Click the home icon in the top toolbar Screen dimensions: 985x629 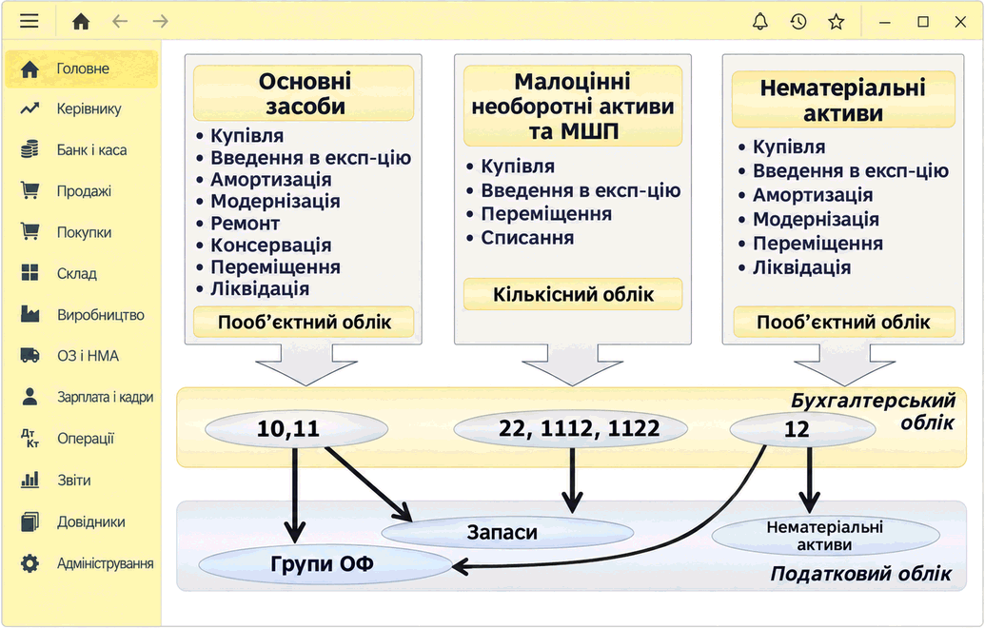(81, 21)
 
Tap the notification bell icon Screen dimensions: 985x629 (760, 21)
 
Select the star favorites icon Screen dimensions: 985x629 (837, 22)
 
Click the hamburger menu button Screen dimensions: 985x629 (29, 21)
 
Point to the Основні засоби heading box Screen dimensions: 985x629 (304, 93)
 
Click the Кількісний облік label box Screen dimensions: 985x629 (573, 294)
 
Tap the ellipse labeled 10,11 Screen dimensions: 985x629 (296, 429)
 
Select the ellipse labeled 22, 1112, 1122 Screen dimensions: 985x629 (570, 429)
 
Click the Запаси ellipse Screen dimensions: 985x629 (507, 533)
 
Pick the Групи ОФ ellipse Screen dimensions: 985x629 (325, 564)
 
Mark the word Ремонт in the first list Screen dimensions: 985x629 (245, 223)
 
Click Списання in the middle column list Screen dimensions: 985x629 (527, 238)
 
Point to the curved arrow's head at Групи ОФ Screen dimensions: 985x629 (454, 567)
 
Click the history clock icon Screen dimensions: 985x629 (798, 21)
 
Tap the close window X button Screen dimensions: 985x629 (960, 22)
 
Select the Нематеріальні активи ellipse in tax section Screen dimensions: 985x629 (825, 536)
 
